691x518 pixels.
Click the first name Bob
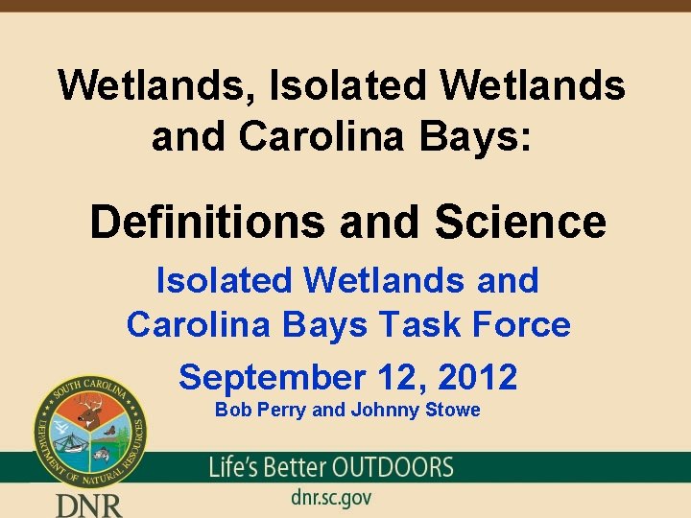[231, 411]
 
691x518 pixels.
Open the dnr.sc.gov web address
[330, 498]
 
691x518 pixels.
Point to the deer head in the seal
[89, 412]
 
